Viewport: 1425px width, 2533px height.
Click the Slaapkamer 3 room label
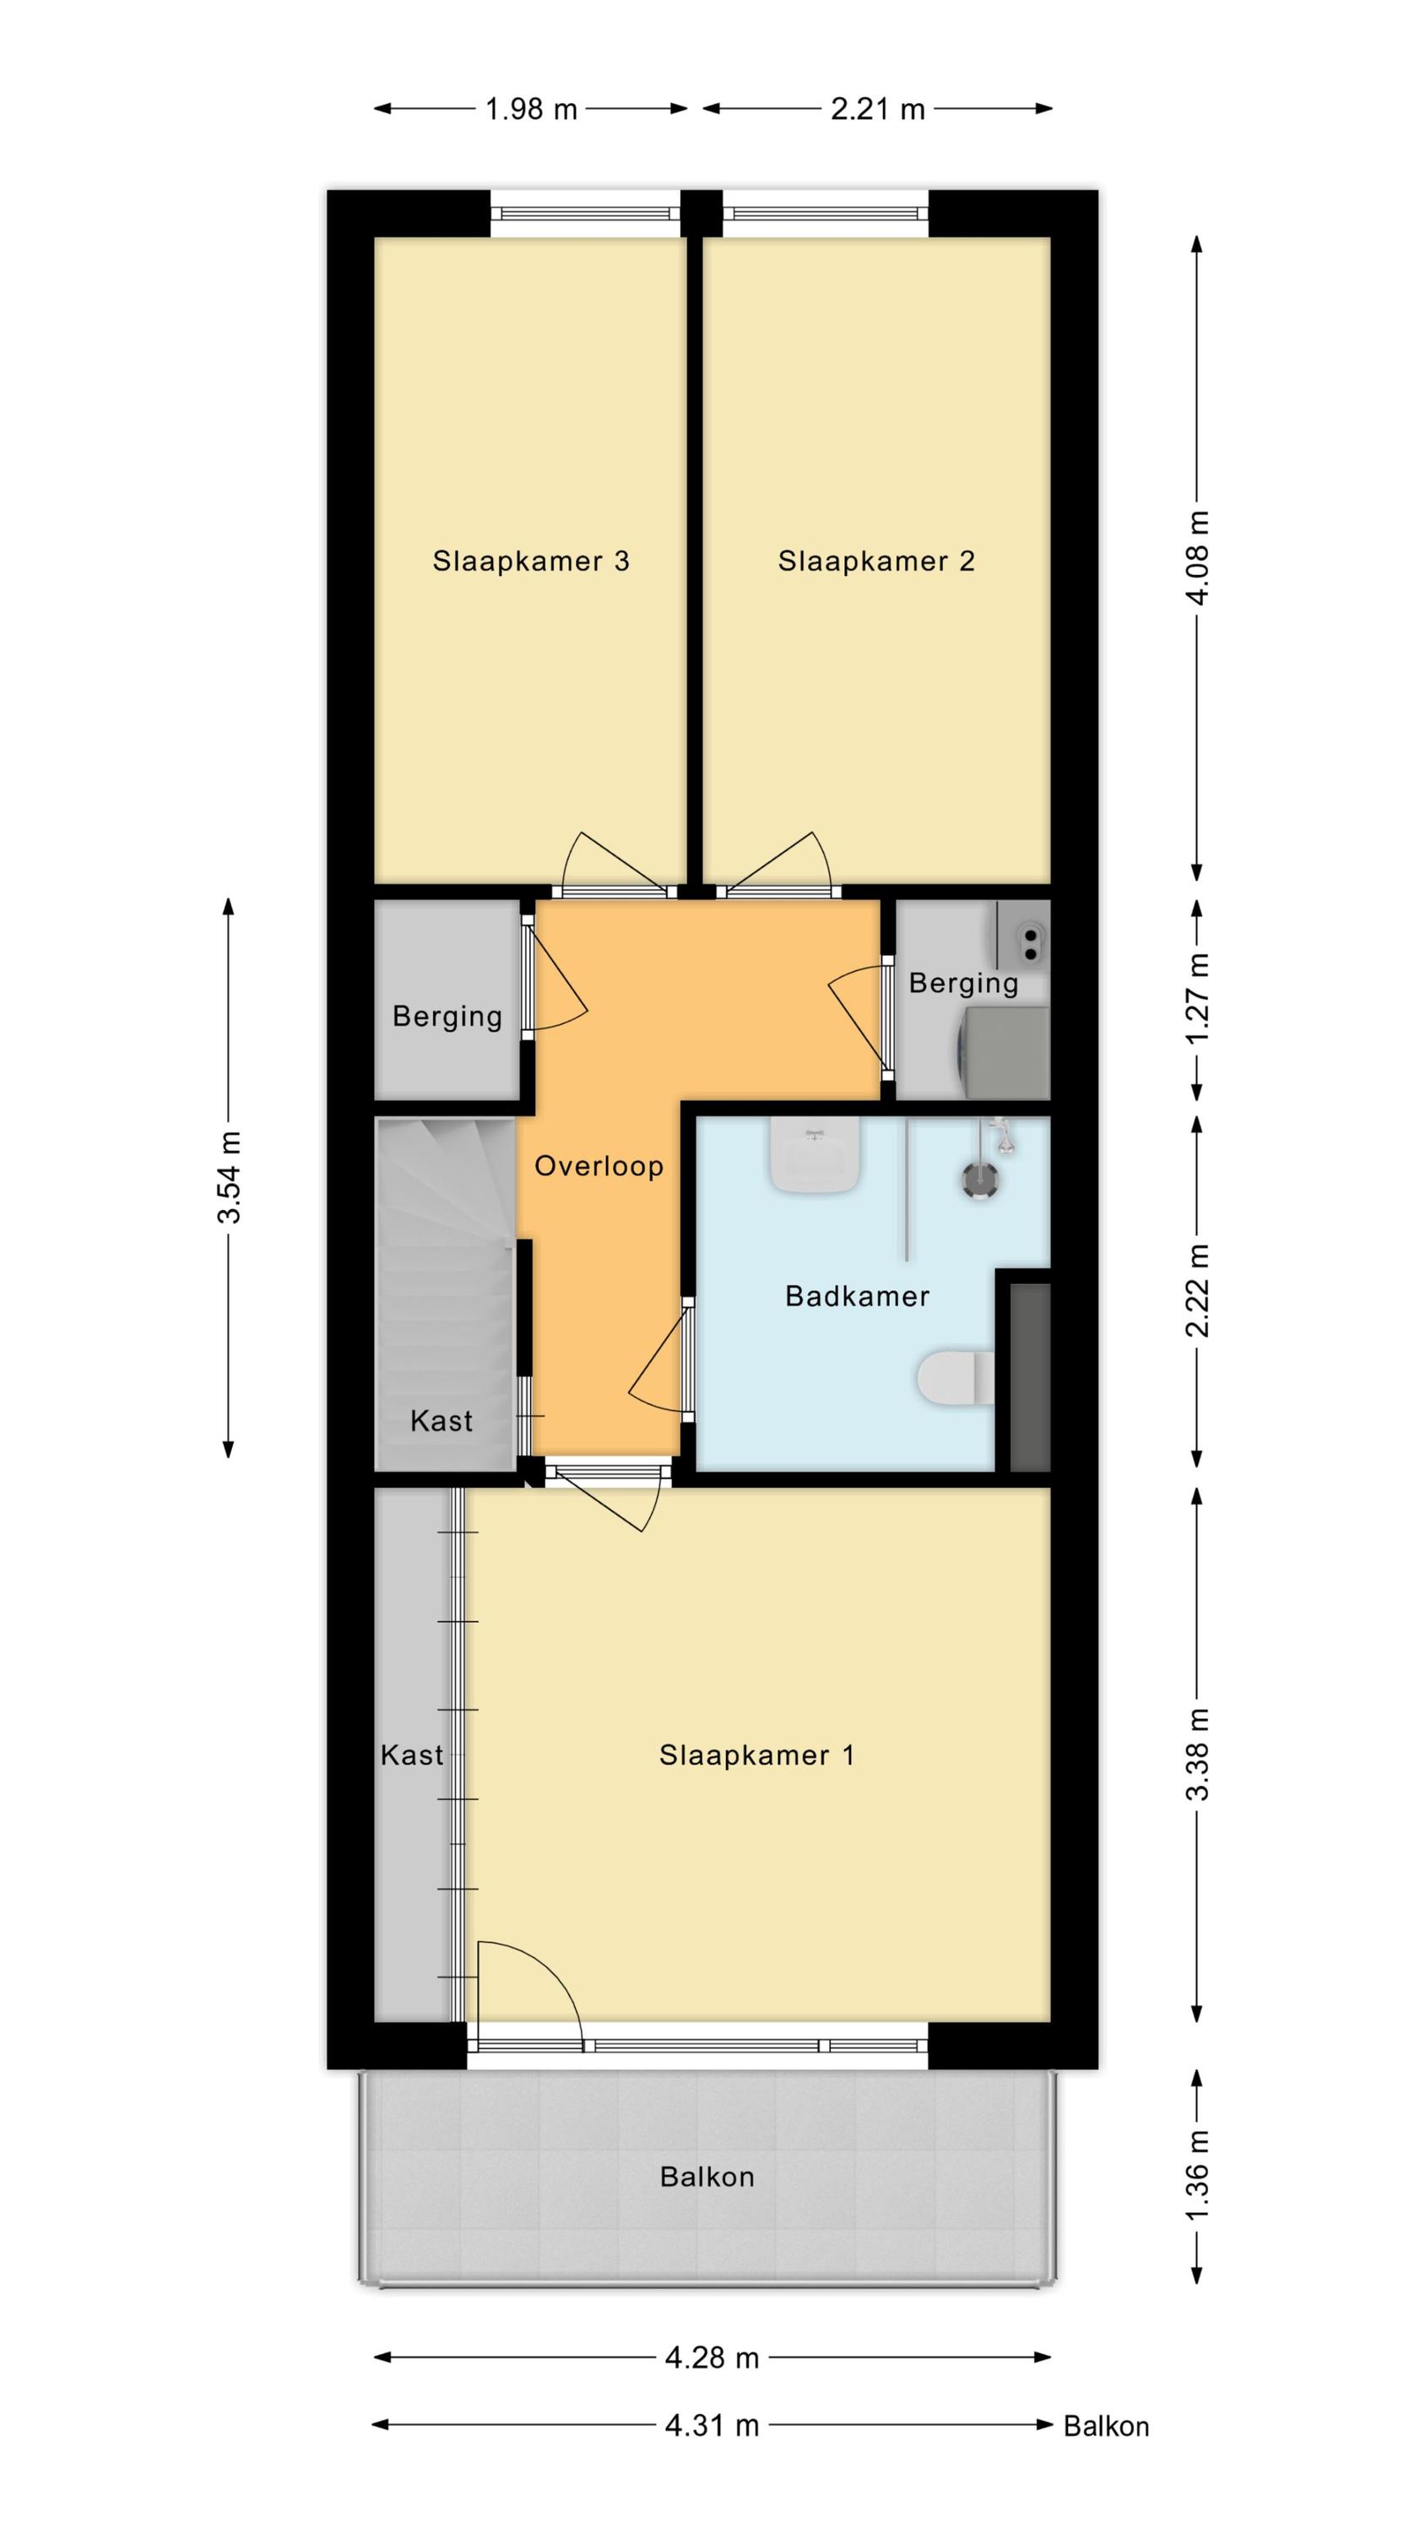(x=530, y=561)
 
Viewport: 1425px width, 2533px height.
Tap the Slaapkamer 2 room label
(x=875, y=561)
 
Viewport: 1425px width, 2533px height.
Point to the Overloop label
(x=598, y=1165)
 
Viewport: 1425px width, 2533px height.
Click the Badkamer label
(x=857, y=1295)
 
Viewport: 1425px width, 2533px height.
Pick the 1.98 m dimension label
(x=531, y=108)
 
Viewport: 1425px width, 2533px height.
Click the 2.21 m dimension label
(x=877, y=108)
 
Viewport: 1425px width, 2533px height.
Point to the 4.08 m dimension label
(x=1198, y=557)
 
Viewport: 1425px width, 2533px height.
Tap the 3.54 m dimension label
(x=228, y=1177)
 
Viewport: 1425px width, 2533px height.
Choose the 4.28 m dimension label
(x=712, y=2357)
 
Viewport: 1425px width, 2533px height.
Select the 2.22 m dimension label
(x=1198, y=1291)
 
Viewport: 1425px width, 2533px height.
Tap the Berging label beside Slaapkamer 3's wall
(x=447, y=1017)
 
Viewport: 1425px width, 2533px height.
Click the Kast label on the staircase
(x=441, y=1420)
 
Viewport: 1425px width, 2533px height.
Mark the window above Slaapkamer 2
(x=825, y=213)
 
